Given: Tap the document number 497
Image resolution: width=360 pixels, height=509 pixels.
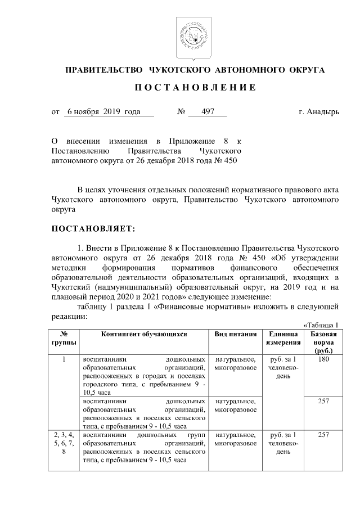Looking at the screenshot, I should click(207, 112).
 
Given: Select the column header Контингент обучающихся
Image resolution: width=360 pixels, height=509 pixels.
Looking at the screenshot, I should click(143, 334).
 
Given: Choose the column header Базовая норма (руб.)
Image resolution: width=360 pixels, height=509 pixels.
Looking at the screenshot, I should click(323, 342).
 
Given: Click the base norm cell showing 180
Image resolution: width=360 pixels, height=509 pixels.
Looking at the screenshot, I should click(323, 359).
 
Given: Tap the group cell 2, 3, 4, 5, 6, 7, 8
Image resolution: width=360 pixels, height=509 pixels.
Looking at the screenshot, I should click(65, 443).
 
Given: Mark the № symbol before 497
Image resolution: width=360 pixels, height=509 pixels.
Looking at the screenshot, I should click(182, 112).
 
